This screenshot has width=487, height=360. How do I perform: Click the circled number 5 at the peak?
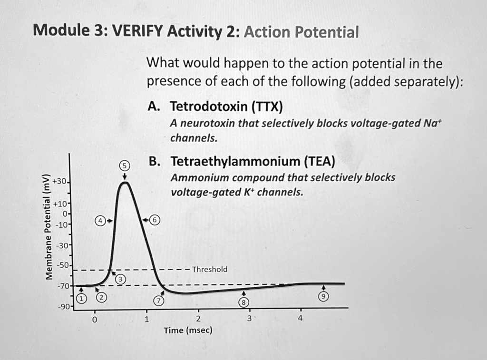point(124,165)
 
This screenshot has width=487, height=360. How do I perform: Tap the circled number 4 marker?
point(100,221)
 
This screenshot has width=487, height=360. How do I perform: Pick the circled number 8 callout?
point(244,303)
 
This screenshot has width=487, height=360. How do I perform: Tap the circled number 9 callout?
point(323,296)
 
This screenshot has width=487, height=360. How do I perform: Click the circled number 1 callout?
point(82,298)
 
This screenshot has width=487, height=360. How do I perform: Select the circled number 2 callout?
point(101,298)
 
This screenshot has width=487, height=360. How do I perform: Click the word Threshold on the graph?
point(210,269)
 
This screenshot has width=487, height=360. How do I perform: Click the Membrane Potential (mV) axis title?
point(48,227)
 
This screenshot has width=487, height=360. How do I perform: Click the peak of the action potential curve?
point(125,182)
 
